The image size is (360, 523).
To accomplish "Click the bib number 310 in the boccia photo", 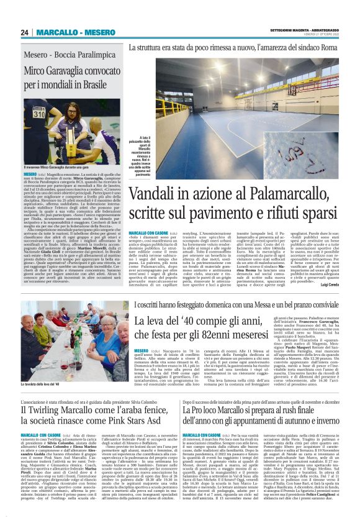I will pos(39,114).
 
